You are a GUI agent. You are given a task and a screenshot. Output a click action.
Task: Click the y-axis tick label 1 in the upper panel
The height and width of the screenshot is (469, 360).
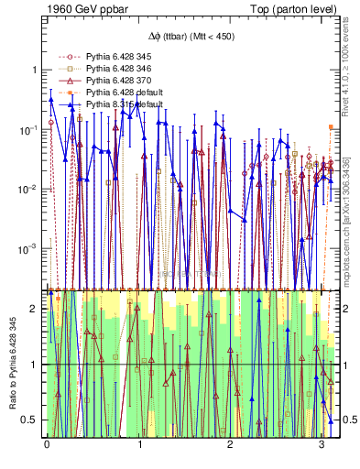[34, 70]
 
